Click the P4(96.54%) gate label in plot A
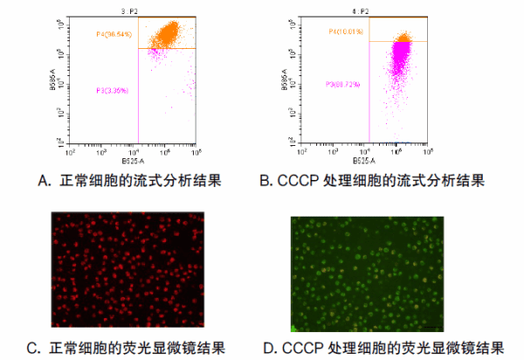(x=114, y=34)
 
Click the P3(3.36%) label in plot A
(x=112, y=89)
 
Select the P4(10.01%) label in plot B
(x=344, y=31)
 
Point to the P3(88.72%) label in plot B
(x=343, y=85)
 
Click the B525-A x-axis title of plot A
(x=133, y=161)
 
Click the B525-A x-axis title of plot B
(x=364, y=161)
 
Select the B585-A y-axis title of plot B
(x=285, y=79)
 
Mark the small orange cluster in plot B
(x=403, y=38)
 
